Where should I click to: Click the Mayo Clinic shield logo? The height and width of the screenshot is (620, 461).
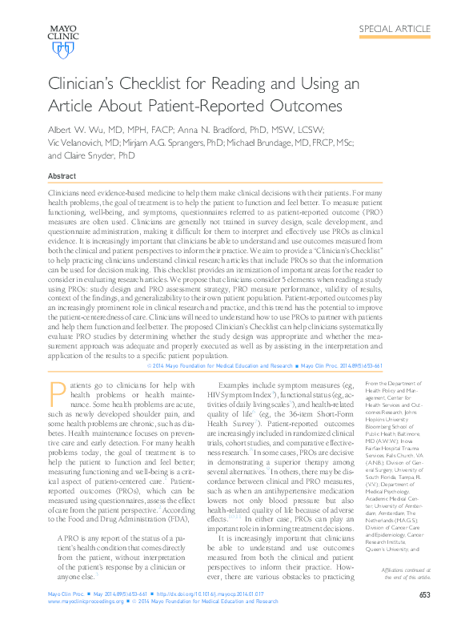[62, 50]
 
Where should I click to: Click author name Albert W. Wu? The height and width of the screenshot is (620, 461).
[80, 130]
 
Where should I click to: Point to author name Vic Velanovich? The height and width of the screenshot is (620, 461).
[79, 143]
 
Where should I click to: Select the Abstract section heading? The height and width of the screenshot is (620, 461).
[62, 175]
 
